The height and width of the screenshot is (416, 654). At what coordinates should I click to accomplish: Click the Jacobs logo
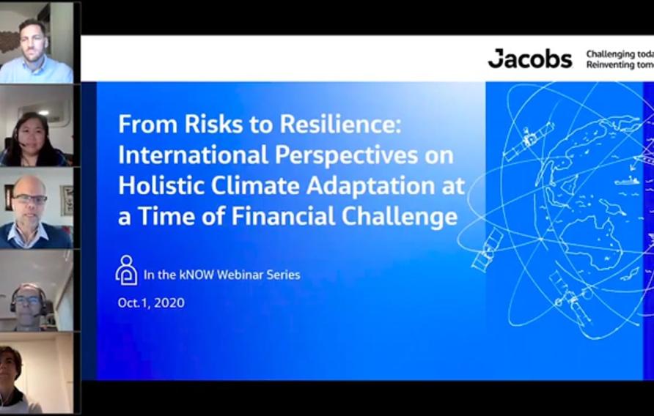[x=529, y=59]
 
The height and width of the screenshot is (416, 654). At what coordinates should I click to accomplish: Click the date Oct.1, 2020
[x=151, y=302]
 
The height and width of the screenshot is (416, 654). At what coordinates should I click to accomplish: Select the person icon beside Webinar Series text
[x=126, y=270]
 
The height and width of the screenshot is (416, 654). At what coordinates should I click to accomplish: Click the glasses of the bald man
[x=29, y=199]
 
